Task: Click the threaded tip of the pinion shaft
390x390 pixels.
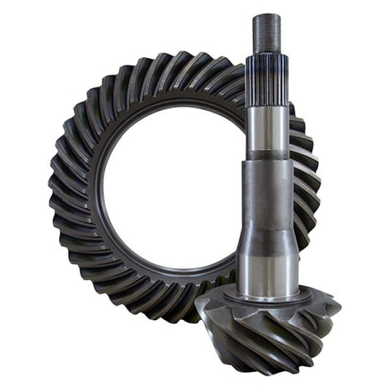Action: pyautogui.click(x=267, y=33)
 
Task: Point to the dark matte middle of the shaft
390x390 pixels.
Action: pyautogui.click(x=268, y=190)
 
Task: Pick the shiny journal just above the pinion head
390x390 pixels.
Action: pyautogui.click(x=268, y=273)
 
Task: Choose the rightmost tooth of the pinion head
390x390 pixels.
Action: pyautogui.click(x=337, y=306)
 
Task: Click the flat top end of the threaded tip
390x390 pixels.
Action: pyautogui.click(x=267, y=16)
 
